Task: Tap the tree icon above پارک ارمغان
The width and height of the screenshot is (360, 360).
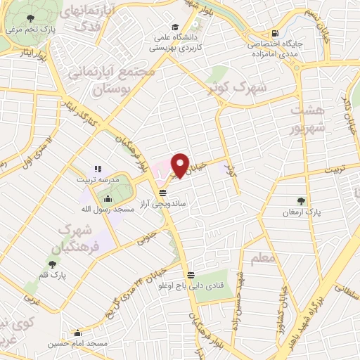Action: tap(302, 201)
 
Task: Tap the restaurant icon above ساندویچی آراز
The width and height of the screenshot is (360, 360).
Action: tap(163, 192)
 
